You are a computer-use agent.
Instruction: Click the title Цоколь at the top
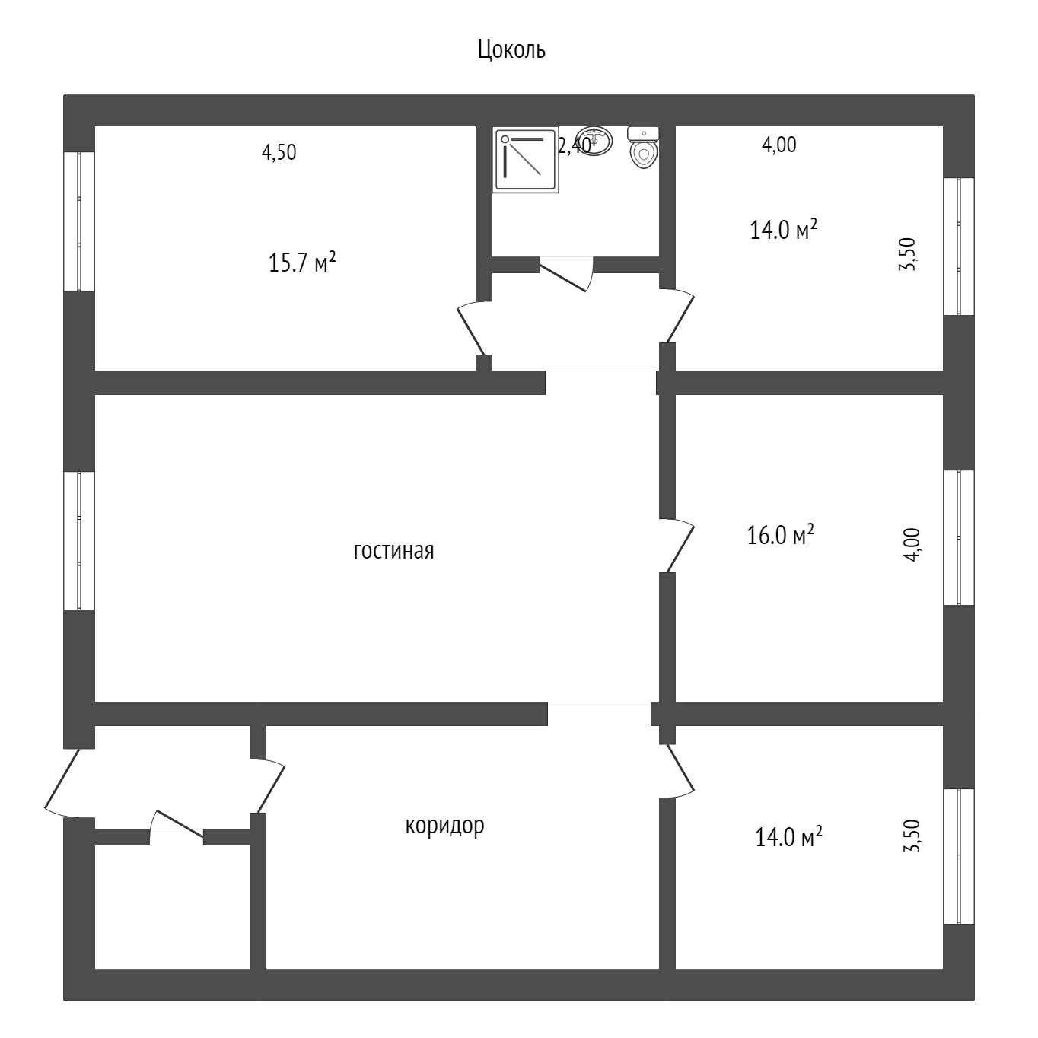pyautogui.click(x=511, y=50)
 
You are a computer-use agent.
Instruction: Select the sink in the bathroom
pyautogui.click(x=594, y=140)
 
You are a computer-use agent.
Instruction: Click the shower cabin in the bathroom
pyautogui.click(x=526, y=160)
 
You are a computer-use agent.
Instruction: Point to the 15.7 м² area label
pyautogui.click(x=302, y=263)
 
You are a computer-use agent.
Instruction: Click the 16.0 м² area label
pyautogui.click(x=780, y=535)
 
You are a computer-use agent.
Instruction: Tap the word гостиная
pyautogui.click(x=393, y=551)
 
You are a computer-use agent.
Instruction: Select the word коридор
pyautogui.click(x=444, y=826)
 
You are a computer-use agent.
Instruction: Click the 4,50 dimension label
pyautogui.click(x=279, y=152)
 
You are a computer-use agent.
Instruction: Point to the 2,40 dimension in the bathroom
pyautogui.click(x=575, y=146)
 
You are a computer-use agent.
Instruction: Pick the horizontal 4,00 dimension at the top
pyautogui.click(x=779, y=145)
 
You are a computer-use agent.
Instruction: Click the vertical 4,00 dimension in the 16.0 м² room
pyautogui.click(x=912, y=545)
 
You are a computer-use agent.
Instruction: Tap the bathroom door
pyautogui.click(x=567, y=274)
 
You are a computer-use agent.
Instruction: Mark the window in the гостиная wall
pyautogui.click(x=79, y=540)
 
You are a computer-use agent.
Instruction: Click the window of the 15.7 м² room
pyautogui.click(x=79, y=222)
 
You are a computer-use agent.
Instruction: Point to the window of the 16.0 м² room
pyautogui.click(x=959, y=537)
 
